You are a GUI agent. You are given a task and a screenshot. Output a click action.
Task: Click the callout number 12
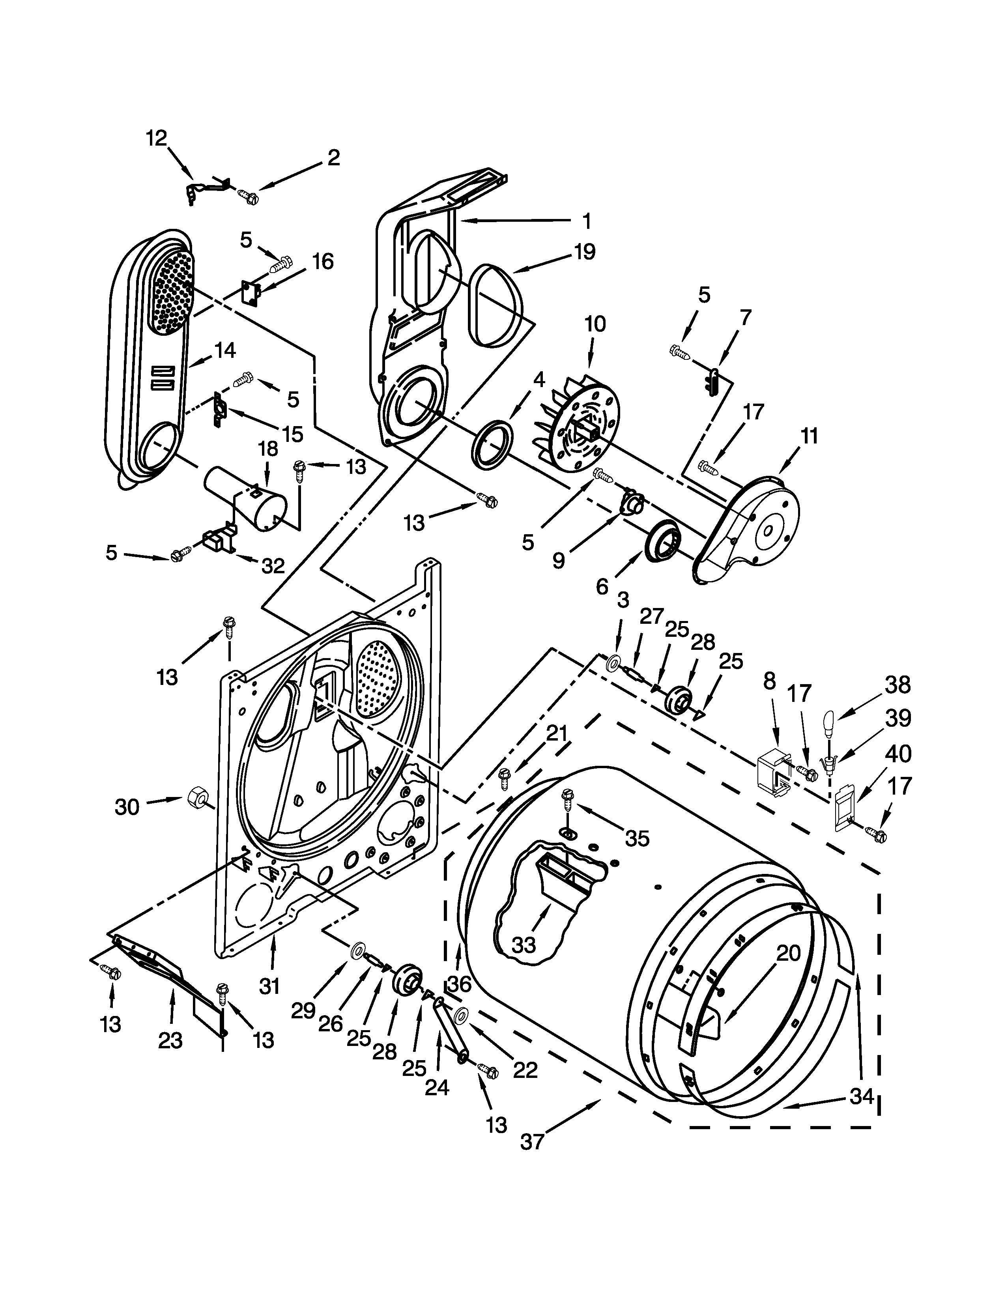tap(156, 138)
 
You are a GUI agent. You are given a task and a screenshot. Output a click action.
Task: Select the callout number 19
tap(585, 252)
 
